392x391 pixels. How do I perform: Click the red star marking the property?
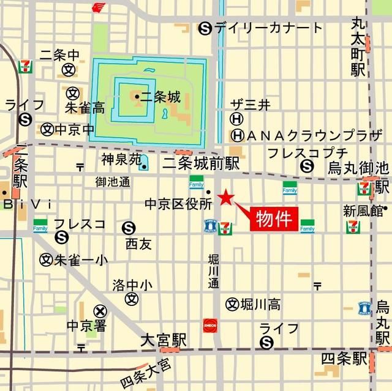tap(226, 197)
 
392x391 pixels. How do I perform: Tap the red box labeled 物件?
tap(274, 219)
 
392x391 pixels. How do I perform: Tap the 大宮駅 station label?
tap(163, 339)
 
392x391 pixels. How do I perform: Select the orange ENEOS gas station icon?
tap(209, 324)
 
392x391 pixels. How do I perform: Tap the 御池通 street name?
tap(113, 182)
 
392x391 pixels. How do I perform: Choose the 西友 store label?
tap(138, 244)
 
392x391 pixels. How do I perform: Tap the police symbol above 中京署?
tap(99, 311)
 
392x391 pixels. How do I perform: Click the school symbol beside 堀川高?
tap(232, 303)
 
